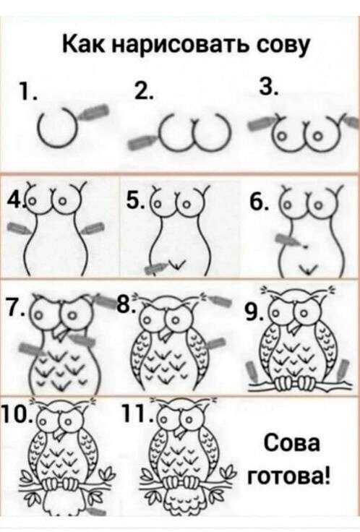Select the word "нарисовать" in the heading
(173, 46)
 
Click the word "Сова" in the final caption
(291, 443)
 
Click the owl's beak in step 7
(61, 332)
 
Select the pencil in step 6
(288, 240)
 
